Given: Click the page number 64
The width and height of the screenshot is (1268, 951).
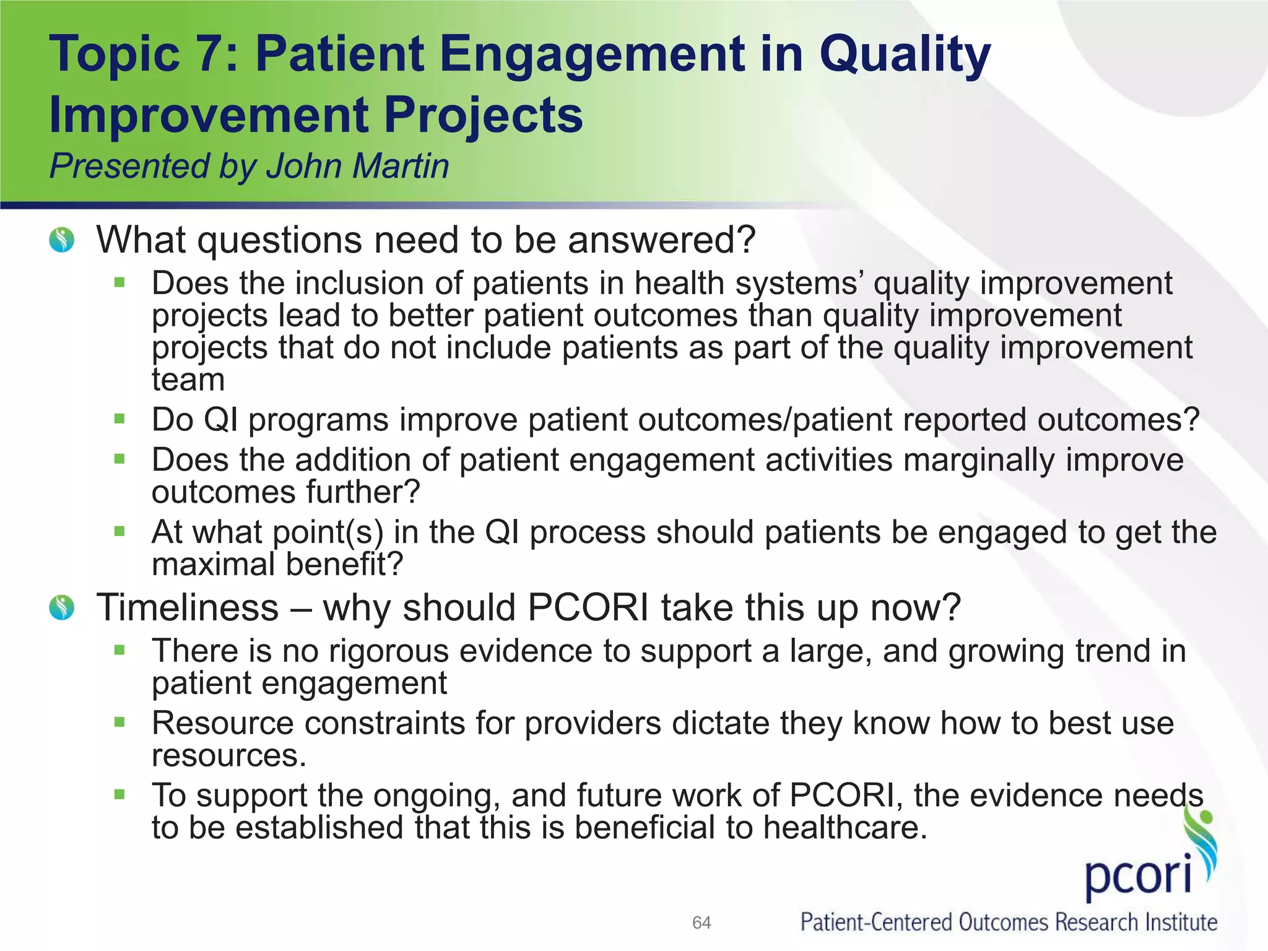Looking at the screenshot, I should pos(701,923).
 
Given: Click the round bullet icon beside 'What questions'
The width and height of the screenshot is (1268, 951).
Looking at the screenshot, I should pos(62,240).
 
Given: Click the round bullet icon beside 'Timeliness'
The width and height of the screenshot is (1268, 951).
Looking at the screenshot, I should pos(62,607).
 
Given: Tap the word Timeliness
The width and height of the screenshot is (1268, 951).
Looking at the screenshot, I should pos(188,607).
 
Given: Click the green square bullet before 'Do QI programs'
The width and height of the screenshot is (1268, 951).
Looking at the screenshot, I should pos(119,419).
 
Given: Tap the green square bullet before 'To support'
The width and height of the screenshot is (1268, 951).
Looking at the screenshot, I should pos(119,794).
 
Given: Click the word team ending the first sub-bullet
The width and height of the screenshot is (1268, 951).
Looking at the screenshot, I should pos(188,380).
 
